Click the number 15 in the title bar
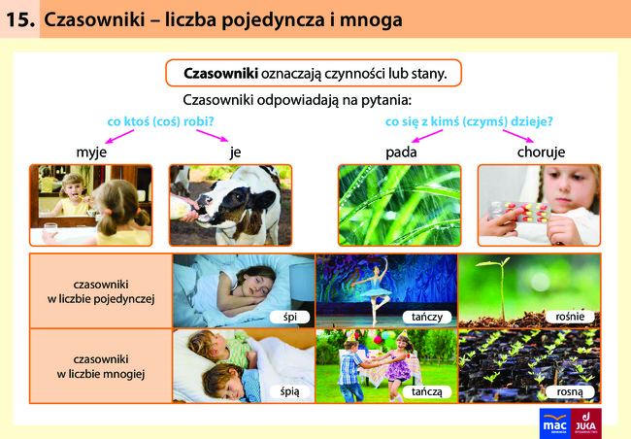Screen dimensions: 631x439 point(20,19)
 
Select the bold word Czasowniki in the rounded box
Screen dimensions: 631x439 point(220,73)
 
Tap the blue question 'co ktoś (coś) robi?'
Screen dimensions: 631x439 point(160,121)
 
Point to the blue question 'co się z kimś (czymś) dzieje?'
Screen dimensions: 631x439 point(469,121)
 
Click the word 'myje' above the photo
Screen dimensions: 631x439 point(91,152)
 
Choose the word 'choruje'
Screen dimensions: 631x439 point(541,152)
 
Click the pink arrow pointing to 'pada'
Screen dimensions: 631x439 point(426,136)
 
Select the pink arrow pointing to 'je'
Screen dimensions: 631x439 point(212,135)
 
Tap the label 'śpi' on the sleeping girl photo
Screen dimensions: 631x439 point(289,317)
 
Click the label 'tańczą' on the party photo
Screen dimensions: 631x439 point(426,391)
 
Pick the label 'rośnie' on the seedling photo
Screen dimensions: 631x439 point(570,317)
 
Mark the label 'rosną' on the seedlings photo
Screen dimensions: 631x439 point(570,391)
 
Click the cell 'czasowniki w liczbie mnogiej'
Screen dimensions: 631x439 point(101,366)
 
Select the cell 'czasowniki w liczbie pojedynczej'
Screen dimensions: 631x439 point(101,291)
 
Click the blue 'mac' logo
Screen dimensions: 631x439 point(555,423)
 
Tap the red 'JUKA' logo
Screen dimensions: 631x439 point(586,423)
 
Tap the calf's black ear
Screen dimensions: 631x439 point(264,199)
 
